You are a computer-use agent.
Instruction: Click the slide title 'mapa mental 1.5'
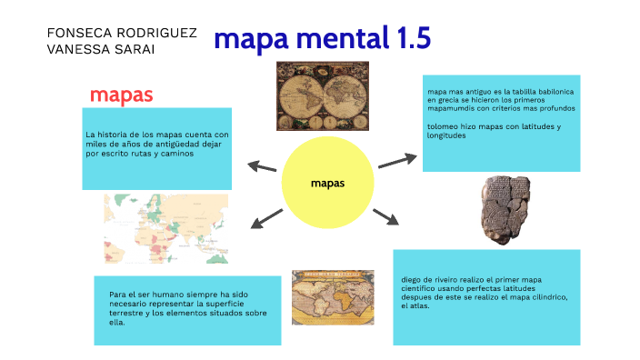click(x=321, y=39)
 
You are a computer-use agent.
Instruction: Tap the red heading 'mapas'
click(x=121, y=95)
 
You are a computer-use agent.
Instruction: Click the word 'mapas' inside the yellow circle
click(x=327, y=184)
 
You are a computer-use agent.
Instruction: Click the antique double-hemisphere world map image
click(x=322, y=95)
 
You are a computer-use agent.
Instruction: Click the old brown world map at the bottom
click(x=332, y=296)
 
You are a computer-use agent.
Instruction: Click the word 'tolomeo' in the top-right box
click(x=443, y=126)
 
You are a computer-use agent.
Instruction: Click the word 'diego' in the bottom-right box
click(x=413, y=280)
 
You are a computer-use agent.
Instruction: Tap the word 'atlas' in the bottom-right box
click(x=419, y=305)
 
